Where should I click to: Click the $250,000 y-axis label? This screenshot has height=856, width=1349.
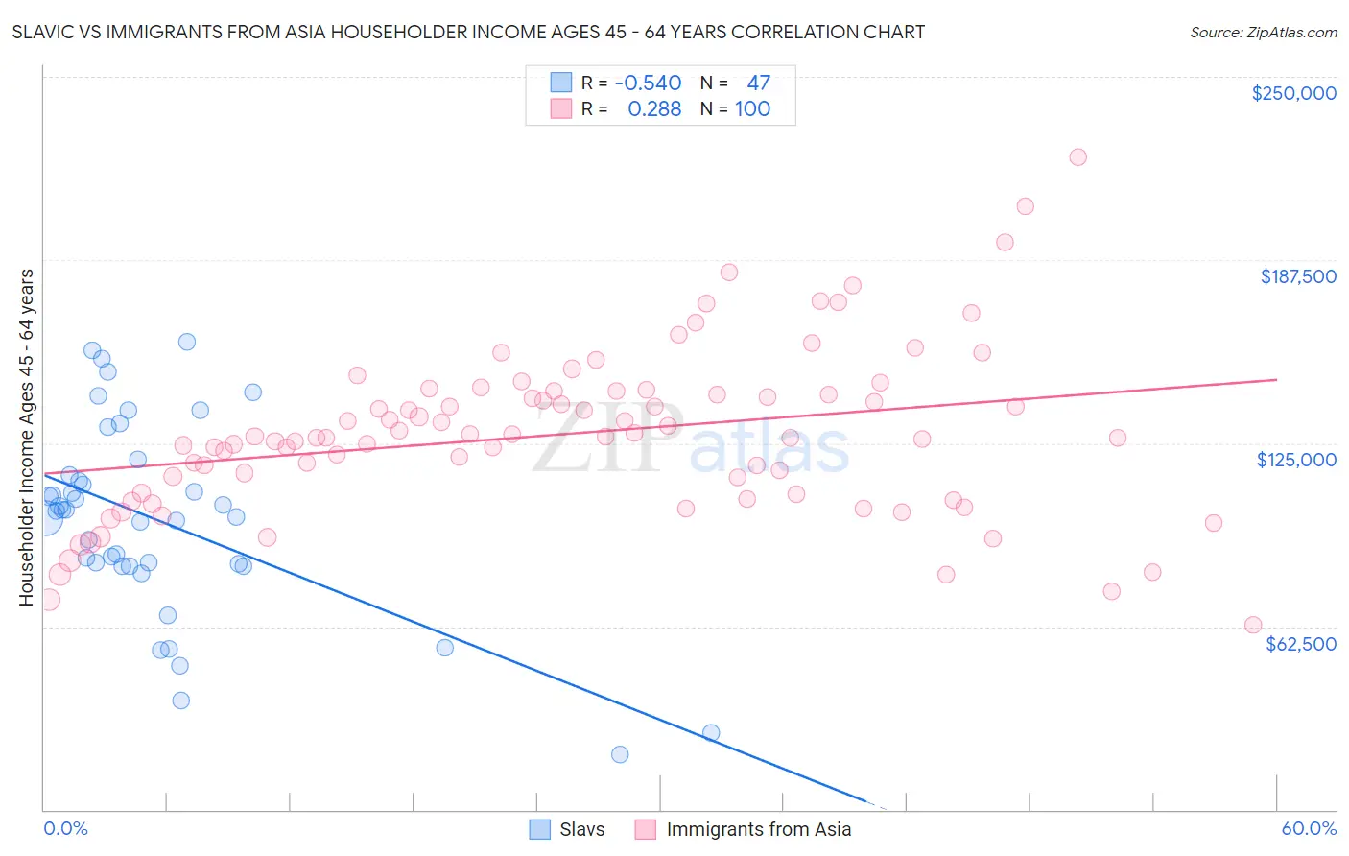tap(1293, 93)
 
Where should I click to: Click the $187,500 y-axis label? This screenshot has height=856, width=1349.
tap(1297, 276)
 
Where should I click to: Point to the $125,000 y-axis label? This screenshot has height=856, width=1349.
tap(1296, 460)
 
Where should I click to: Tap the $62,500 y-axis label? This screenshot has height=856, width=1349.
tap(1301, 644)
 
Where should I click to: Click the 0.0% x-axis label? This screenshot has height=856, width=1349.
tap(65, 829)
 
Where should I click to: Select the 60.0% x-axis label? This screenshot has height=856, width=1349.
tap(1309, 829)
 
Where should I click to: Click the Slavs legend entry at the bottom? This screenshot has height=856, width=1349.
tap(580, 829)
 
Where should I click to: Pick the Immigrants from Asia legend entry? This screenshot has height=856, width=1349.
tap(758, 829)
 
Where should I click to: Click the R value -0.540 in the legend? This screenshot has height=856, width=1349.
tap(648, 83)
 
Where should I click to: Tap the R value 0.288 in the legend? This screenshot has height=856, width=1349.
tap(654, 109)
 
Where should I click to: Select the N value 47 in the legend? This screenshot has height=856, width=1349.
tap(758, 83)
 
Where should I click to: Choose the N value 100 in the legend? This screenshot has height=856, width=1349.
tap(752, 109)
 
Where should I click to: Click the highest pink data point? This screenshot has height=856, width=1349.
tap(1077, 157)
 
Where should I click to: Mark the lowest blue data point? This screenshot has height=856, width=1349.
tap(620, 754)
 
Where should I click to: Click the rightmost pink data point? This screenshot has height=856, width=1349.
tap(1252, 625)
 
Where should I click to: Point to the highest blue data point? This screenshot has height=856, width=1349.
tap(187, 342)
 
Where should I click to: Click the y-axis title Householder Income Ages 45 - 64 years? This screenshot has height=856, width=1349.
tap(26, 438)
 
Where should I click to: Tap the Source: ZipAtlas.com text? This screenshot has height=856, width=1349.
tap(1263, 33)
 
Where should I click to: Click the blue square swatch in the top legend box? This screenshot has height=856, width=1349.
tap(560, 83)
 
